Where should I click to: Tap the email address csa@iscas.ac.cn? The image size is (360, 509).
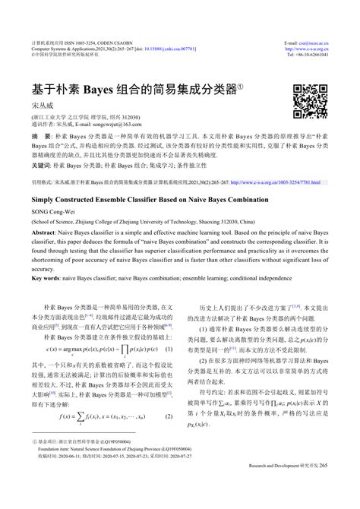[314, 40]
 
